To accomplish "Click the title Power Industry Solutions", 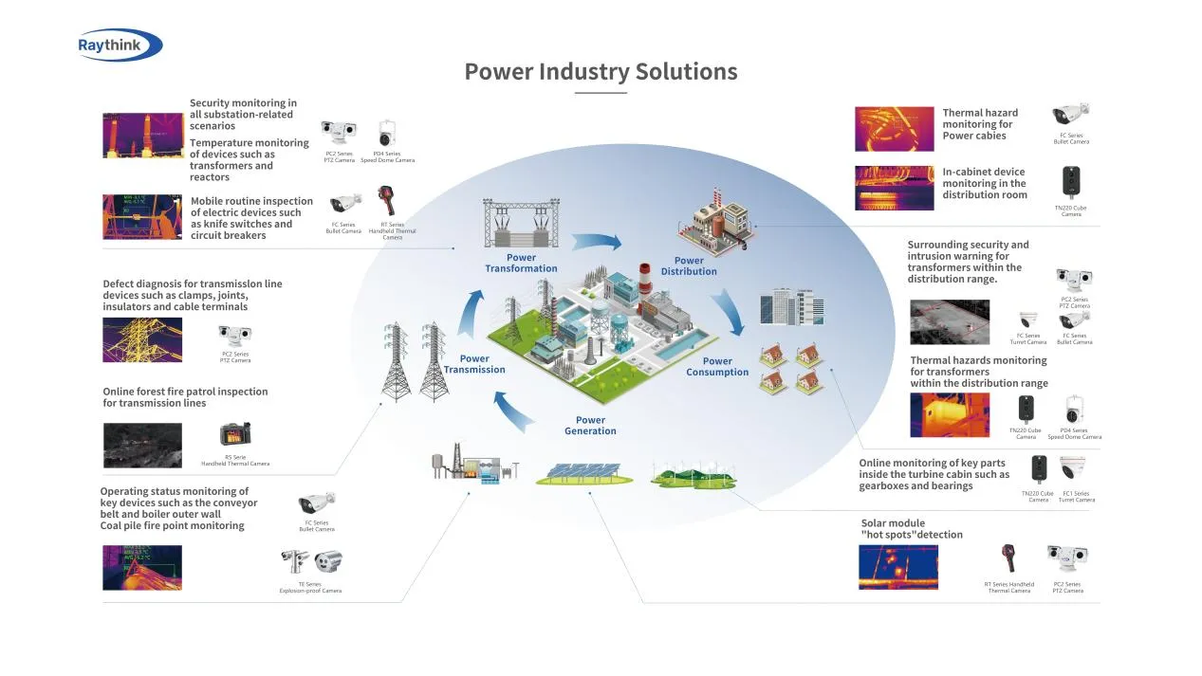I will (x=601, y=71).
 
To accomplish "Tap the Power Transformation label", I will (x=521, y=263).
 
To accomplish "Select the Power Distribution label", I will (x=689, y=265).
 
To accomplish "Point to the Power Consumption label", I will (x=717, y=366).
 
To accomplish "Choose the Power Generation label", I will (x=590, y=426).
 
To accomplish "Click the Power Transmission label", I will (x=474, y=364).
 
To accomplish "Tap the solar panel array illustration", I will (x=583, y=473).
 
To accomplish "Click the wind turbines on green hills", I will (x=693, y=473).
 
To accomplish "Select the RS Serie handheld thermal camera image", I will (x=235, y=434).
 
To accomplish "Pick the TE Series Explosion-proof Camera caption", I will (x=310, y=587).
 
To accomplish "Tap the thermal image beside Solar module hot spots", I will (x=897, y=567).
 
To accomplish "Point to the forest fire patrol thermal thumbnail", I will (x=142, y=446).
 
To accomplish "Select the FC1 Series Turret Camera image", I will (x=1074, y=470).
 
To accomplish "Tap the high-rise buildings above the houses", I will (x=792, y=307).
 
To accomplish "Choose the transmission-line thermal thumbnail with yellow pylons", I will (x=142, y=339).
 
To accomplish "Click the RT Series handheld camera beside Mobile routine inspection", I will (x=387, y=202).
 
